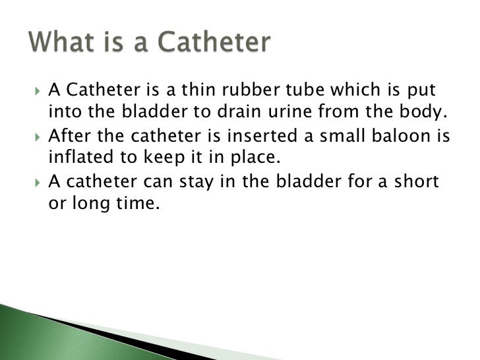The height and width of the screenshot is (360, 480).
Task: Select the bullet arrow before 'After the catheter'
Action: (x=36, y=138)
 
